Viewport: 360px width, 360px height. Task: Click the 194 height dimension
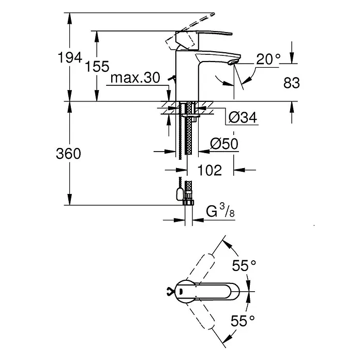[70, 57]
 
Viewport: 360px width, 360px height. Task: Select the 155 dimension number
[97, 67]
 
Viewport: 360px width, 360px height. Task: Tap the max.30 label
[135, 78]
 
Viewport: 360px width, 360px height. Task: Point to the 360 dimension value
[68, 154]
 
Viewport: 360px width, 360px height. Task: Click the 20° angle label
[268, 59]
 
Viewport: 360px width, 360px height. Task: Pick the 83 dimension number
[292, 83]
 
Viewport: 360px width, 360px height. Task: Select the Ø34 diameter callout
[243, 117]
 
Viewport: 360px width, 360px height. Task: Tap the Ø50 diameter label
[224, 144]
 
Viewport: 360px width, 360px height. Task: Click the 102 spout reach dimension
[209, 170]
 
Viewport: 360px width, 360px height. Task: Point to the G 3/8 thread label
[220, 211]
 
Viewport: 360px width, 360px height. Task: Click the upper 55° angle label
[244, 266]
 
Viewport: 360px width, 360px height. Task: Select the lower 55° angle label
[243, 321]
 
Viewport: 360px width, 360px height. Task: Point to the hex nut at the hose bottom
[188, 203]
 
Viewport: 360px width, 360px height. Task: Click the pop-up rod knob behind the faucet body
[172, 79]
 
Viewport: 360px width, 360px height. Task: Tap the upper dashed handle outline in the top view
[200, 267]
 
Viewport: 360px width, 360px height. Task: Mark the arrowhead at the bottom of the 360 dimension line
[70, 200]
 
